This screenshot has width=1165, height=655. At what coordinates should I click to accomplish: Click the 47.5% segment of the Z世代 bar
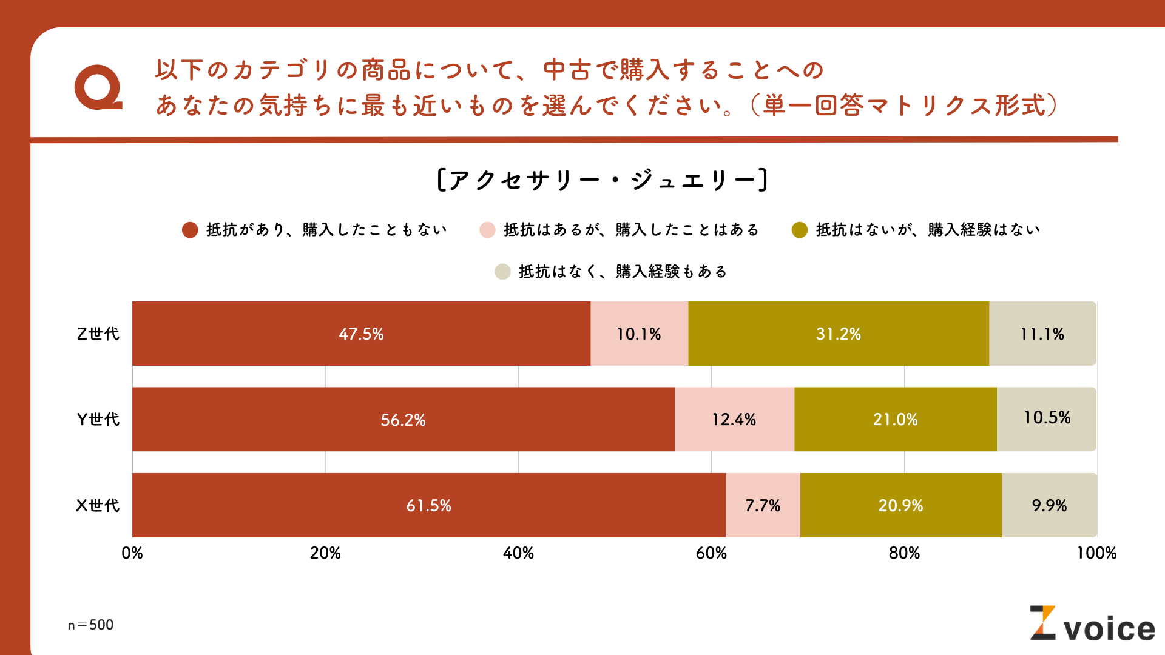tap(361, 334)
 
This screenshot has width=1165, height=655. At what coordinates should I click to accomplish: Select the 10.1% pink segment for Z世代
tap(639, 334)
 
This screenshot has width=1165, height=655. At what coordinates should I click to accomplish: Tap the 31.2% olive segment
tap(838, 334)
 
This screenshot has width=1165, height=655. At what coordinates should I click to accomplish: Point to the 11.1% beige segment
tap(1042, 334)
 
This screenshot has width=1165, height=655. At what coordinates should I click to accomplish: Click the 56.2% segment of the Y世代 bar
tap(403, 420)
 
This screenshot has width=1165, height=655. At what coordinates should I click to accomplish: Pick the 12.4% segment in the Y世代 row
tap(734, 420)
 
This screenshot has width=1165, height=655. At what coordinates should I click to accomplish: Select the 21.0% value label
tap(895, 420)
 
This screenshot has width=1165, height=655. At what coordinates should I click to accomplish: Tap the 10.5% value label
tap(1047, 418)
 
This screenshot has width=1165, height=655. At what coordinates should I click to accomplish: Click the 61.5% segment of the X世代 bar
tap(428, 505)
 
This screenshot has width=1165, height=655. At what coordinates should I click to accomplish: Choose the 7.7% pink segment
tap(763, 505)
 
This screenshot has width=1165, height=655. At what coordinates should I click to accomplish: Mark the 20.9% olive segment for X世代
tap(900, 505)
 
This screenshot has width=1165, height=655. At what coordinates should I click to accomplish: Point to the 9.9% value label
tap(1049, 505)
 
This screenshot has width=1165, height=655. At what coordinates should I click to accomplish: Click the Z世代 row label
tap(98, 334)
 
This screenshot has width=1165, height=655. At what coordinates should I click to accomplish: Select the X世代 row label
tap(98, 505)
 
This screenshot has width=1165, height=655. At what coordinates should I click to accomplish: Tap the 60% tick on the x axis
tap(711, 553)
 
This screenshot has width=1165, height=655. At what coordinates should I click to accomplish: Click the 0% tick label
tap(132, 553)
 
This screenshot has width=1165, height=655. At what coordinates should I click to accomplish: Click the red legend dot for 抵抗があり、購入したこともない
tap(190, 230)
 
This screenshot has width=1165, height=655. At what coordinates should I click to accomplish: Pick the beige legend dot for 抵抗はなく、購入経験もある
tap(502, 272)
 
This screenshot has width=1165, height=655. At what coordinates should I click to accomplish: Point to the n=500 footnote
tap(90, 625)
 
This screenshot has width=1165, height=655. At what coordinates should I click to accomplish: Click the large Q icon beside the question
tap(98, 87)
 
